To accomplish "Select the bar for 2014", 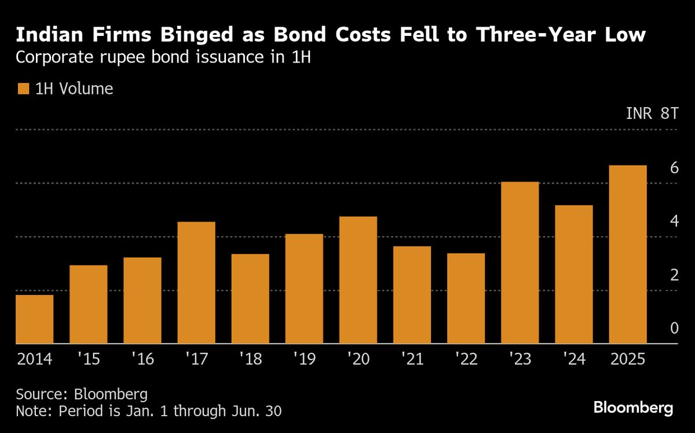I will point(34,319).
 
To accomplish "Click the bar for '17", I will point(196,283).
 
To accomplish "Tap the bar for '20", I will point(358,280).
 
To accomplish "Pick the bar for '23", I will point(520,263).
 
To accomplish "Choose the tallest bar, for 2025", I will point(627,254).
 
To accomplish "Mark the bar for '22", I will point(466,299).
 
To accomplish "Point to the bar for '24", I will point(573,274).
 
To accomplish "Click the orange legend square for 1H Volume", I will point(23,89).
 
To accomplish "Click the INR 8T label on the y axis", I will point(652,114).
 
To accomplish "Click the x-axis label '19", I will point(304,359).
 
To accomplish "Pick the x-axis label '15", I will point(89,359).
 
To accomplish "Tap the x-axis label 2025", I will point(627,359).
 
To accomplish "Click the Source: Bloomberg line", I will point(82,395).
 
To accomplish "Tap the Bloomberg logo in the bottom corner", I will point(633,408).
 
